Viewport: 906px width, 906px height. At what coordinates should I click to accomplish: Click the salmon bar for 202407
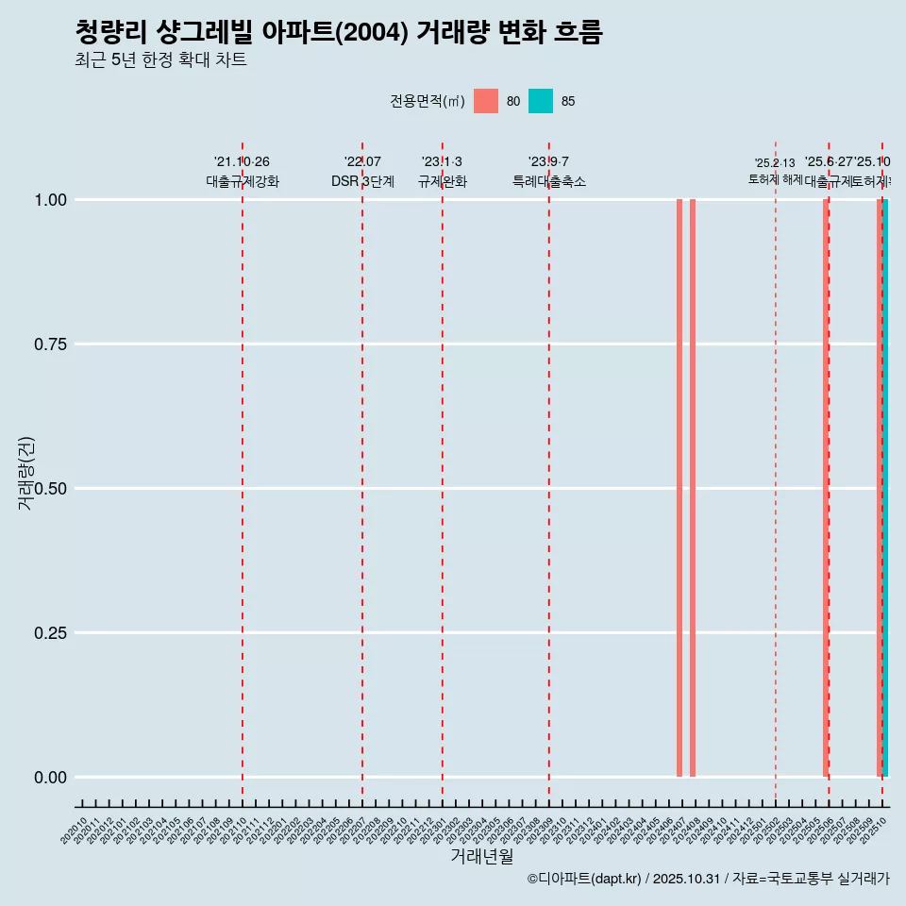coord(679,488)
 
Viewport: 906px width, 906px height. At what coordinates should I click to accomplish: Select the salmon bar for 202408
coord(693,488)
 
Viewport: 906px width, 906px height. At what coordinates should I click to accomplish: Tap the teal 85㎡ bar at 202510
coord(885,488)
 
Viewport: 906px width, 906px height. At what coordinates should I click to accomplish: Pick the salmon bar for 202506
coord(825,488)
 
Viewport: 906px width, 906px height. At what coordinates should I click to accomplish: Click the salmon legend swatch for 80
coord(486,101)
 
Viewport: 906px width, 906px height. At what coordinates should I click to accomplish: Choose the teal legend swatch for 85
coord(541,101)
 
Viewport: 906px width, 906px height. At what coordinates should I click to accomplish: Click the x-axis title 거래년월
coord(482,857)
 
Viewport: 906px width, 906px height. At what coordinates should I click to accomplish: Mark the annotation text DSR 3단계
coord(362,181)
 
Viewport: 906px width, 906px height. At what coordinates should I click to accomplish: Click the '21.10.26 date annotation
coord(242,162)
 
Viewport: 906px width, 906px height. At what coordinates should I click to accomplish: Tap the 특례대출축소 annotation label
coord(549,181)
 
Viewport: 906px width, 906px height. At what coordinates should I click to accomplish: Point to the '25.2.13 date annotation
coord(775,163)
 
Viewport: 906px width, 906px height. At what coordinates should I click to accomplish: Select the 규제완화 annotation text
coord(443,181)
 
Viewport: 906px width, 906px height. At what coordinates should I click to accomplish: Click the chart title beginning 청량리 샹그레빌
coord(338,32)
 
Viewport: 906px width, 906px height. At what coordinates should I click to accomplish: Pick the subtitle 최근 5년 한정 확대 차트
coord(160,60)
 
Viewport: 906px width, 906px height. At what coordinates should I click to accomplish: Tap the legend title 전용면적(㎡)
coord(427,101)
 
